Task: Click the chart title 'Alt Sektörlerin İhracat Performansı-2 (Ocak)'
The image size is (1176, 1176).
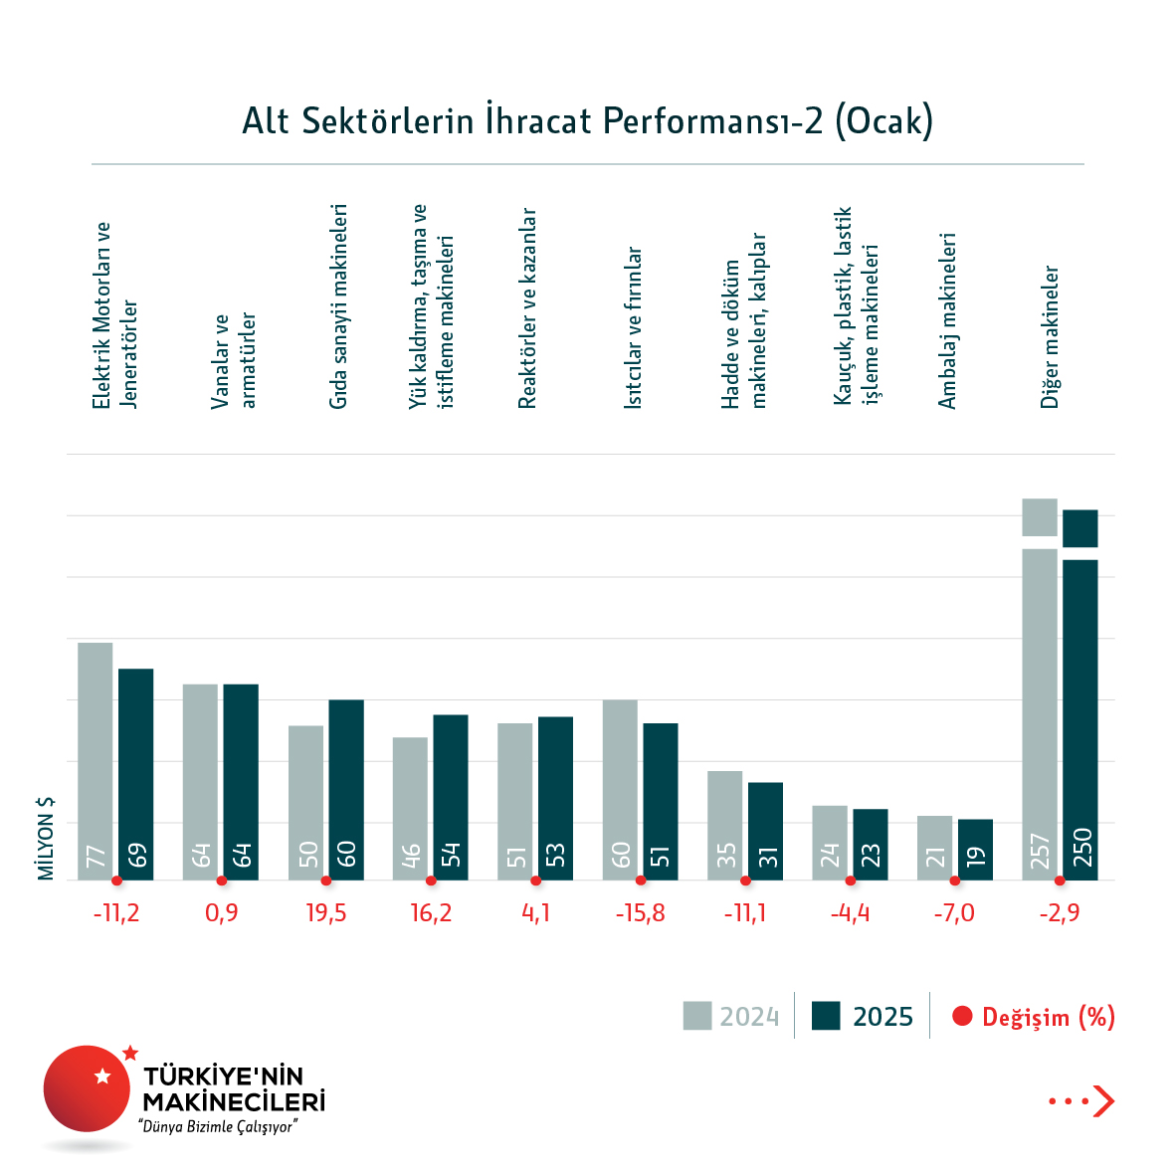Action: (587, 120)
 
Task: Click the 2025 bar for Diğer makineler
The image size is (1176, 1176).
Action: (1080, 716)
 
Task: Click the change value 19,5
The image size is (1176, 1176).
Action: (326, 913)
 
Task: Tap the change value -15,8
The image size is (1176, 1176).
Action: (640, 913)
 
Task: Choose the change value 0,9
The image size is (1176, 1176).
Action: (222, 913)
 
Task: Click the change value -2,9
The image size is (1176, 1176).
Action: (1059, 913)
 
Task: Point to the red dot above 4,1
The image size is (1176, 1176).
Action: (535, 881)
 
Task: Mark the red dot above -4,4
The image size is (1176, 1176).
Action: (850, 881)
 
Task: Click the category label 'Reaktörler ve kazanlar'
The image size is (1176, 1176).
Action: (527, 308)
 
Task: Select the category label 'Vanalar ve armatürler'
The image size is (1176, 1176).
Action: (234, 360)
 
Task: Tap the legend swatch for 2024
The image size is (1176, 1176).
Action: (697, 1016)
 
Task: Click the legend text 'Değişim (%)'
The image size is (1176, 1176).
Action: (1048, 1017)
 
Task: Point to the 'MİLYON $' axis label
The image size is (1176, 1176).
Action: (46, 838)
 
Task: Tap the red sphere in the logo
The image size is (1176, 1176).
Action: (87, 1087)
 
